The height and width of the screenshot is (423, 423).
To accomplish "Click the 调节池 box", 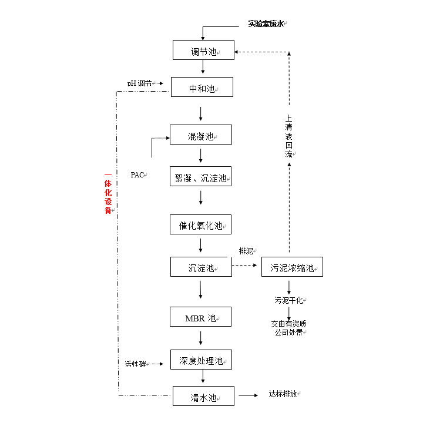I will click(x=203, y=50).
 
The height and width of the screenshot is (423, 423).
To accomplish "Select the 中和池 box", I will click(x=202, y=88).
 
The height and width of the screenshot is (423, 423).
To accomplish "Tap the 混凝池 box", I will click(x=201, y=135).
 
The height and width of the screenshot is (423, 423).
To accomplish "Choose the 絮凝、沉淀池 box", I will click(x=201, y=176).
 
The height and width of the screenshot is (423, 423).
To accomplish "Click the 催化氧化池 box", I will click(x=201, y=224).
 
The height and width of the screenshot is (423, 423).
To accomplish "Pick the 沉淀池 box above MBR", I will click(x=201, y=267).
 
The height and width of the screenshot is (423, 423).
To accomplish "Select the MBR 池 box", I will click(x=201, y=317).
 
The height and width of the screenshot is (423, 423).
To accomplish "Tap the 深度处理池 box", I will click(x=201, y=360).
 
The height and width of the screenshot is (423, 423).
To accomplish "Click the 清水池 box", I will click(x=203, y=396).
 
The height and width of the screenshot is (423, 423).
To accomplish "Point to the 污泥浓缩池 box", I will click(x=292, y=267).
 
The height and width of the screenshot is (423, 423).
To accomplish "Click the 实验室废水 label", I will click(x=266, y=23).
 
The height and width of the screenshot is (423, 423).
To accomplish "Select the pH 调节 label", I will click(x=139, y=83).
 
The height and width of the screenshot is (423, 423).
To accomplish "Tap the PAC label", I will click(x=138, y=174).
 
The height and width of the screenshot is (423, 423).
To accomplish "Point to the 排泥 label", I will click(x=246, y=251).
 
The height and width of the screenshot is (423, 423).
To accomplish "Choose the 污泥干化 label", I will click(x=289, y=300).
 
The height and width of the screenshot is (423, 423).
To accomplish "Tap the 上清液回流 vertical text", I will click(x=288, y=135).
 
